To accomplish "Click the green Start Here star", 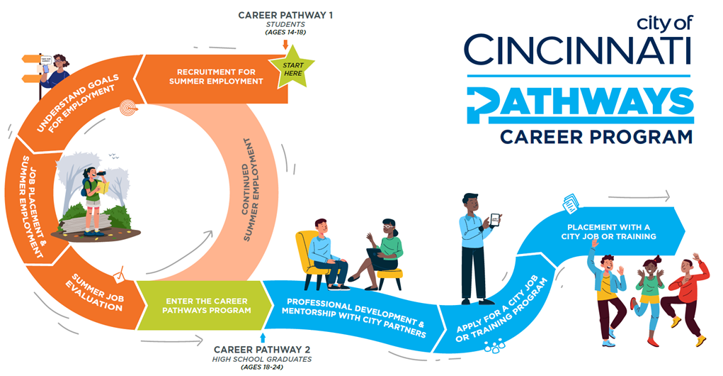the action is point(292,68).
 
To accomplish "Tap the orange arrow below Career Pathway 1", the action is point(285,45).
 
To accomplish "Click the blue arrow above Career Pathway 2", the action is point(263,337).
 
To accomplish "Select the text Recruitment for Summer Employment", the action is point(216,77).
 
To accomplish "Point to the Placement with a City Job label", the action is point(609,232).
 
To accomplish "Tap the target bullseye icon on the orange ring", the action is point(129,109).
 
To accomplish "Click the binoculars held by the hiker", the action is point(101,174).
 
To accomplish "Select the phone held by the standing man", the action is point(495,220).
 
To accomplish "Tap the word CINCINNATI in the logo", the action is point(579,50).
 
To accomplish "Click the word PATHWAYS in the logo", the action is point(580,105).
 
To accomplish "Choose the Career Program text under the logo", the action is point(596,137).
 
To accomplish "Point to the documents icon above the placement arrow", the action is point(570,203).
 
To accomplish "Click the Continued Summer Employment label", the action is point(251,189).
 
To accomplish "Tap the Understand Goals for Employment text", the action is point(77,104).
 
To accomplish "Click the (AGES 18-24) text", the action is point(262,367).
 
